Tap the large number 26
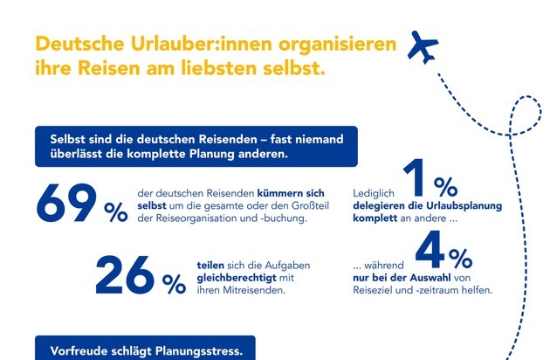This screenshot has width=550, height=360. point(128,275)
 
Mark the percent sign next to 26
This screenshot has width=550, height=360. point(173,283)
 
